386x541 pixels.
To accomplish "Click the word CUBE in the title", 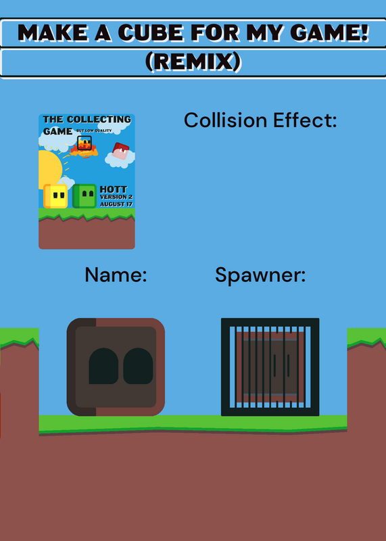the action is click(x=151, y=33).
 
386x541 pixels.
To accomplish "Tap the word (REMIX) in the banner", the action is click(x=193, y=62).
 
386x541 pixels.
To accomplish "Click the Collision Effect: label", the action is click(x=260, y=120).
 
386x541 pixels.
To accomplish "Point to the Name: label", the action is click(x=116, y=275).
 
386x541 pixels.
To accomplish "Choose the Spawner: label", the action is click(x=260, y=276).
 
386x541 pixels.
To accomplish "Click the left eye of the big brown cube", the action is click(x=103, y=366).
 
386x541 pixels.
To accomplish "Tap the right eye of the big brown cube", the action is click(x=138, y=366).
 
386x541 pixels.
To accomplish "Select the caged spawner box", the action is click(x=270, y=367).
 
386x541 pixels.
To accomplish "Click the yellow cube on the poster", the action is click(x=55, y=196).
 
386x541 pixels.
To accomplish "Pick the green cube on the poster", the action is click(x=85, y=196).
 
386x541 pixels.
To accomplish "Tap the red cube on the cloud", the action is click(x=120, y=151).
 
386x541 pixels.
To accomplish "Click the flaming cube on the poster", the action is click(x=85, y=145).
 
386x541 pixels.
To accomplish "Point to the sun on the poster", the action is click(x=50, y=169).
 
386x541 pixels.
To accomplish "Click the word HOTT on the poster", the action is click(x=113, y=189).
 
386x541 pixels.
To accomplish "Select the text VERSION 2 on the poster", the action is click(x=116, y=197).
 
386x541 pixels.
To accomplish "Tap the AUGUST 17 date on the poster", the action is click(x=116, y=204).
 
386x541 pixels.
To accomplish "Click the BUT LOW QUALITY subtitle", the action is click(x=94, y=131).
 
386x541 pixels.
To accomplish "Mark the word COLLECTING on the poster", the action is click(x=99, y=120).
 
